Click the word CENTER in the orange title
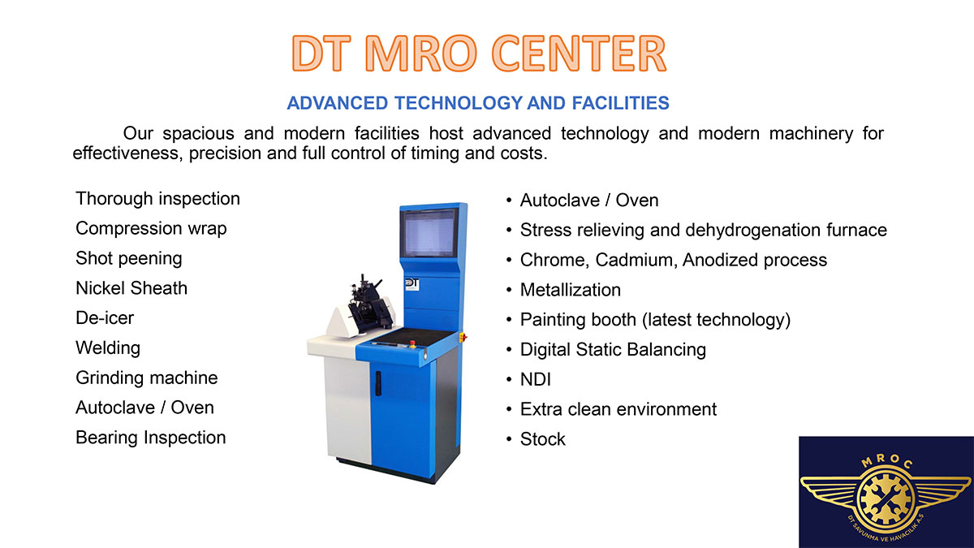click(x=579, y=53)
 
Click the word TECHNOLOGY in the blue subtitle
click(x=459, y=103)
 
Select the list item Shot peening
click(x=129, y=258)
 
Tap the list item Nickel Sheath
click(x=131, y=288)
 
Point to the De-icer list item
click(x=105, y=318)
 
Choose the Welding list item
click(x=108, y=348)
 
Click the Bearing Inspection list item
click(x=151, y=438)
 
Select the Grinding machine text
click(x=147, y=378)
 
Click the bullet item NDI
click(x=535, y=379)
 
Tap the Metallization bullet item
click(x=571, y=290)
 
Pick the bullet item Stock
click(x=543, y=439)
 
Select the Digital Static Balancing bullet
click(x=613, y=350)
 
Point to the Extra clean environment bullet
click(x=618, y=409)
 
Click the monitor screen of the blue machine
click(x=429, y=234)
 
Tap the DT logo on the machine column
click(x=412, y=284)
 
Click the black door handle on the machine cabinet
click(x=378, y=383)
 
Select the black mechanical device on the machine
click(x=368, y=304)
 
